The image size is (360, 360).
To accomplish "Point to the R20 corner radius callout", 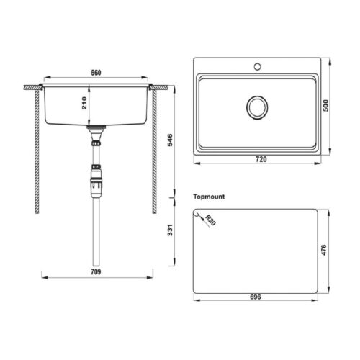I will [210, 220].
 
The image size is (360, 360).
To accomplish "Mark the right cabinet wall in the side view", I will [154, 151].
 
